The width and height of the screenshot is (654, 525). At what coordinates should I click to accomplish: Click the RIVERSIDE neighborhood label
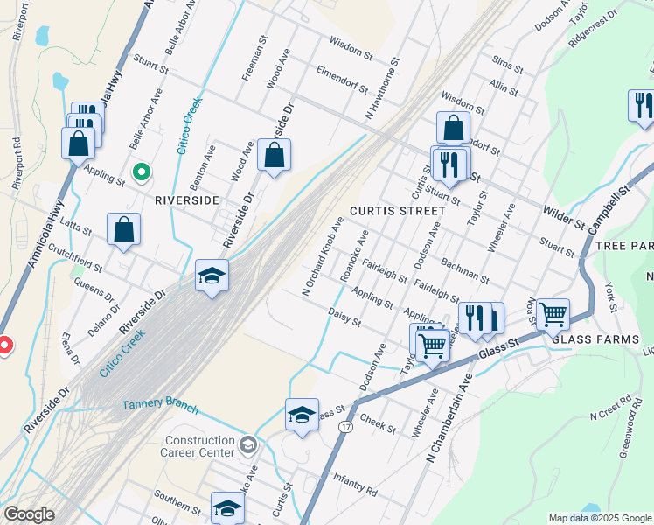point(185,199)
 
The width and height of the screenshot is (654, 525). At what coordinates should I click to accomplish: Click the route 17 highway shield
point(348,426)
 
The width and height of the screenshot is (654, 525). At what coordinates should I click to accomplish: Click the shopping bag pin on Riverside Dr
point(274,155)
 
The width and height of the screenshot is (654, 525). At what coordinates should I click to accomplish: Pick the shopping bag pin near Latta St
point(124,230)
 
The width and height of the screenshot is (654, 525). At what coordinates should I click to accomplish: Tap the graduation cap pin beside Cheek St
point(302,414)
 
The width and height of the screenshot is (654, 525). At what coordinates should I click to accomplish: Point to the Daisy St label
point(344,317)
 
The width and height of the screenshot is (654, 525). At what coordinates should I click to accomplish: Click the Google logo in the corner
point(28,514)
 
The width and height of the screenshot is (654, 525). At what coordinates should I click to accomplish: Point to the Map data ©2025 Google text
point(599,518)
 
